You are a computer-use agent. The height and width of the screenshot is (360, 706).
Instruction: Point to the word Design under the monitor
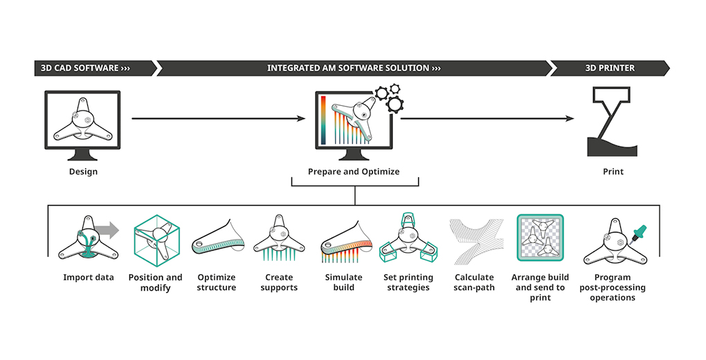point(83,172)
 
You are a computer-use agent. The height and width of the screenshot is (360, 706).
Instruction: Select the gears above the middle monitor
point(389,98)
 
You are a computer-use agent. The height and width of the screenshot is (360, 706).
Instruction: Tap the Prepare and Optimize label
point(354,172)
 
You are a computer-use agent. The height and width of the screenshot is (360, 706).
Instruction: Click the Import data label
point(88,278)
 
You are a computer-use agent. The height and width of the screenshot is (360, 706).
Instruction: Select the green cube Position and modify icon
point(156,240)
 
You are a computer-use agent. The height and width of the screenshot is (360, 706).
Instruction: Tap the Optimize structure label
point(217,282)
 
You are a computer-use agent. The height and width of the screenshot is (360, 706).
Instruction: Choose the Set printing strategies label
point(408,282)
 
